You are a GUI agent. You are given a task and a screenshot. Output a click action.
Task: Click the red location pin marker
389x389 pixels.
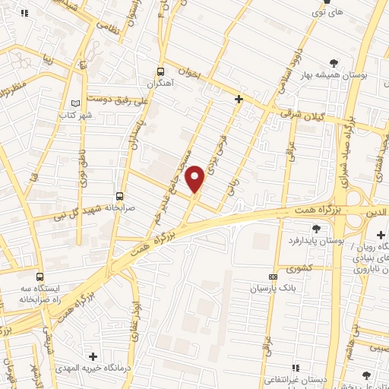196,179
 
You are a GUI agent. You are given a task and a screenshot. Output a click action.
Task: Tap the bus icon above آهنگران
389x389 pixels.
160,67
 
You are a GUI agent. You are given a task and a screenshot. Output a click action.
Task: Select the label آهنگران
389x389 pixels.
161,81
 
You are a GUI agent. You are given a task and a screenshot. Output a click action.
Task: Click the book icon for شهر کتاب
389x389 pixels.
74,103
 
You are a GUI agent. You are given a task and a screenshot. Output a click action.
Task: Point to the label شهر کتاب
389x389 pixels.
75,115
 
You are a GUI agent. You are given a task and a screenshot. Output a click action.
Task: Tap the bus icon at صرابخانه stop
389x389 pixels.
119,196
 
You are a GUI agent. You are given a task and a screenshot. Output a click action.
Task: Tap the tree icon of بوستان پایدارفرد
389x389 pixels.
316,227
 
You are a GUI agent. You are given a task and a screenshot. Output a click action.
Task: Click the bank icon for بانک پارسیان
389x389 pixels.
274,277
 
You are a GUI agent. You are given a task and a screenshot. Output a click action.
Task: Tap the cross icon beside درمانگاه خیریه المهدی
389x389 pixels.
93,356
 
